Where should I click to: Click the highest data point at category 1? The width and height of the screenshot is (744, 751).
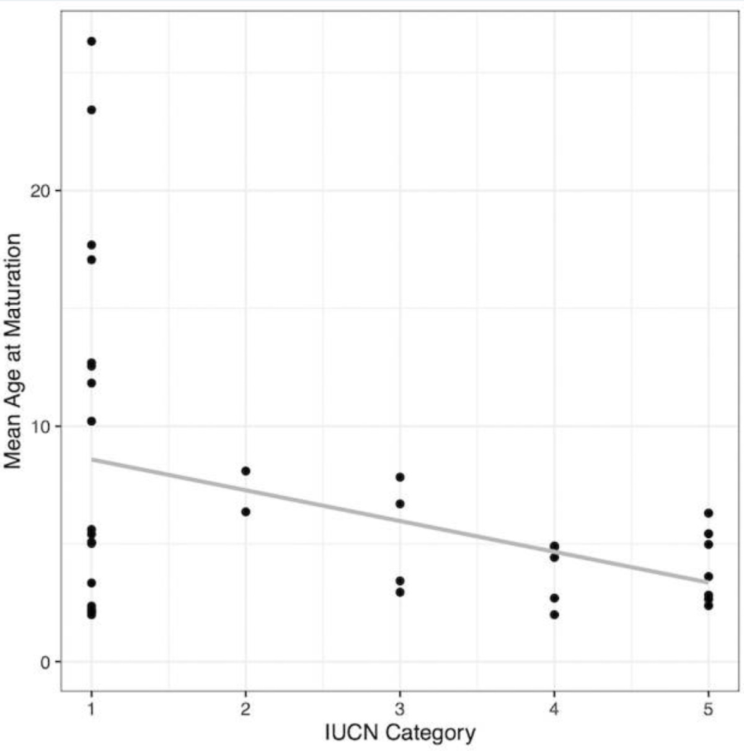(x=91, y=42)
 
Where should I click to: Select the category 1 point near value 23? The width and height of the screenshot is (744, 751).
(x=91, y=110)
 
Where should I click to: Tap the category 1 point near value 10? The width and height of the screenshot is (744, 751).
(x=91, y=421)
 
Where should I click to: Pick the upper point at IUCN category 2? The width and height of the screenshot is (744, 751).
(x=246, y=471)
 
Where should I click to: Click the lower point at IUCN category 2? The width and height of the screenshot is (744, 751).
(x=246, y=512)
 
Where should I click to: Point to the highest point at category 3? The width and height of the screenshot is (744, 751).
(x=400, y=477)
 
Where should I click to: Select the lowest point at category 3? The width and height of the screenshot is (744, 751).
(x=400, y=592)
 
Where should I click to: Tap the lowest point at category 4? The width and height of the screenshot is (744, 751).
(x=554, y=615)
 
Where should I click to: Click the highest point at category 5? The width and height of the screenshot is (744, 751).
(x=709, y=513)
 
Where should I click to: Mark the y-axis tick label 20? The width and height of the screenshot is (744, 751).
(x=40, y=191)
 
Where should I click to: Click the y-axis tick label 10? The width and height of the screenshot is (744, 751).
(x=40, y=426)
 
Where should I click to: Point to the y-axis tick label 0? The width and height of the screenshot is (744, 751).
(x=45, y=662)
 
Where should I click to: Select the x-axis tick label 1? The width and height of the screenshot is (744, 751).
(x=91, y=709)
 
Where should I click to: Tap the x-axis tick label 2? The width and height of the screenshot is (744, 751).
(x=246, y=709)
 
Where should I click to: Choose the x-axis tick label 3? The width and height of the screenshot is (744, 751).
(x=400, y=709)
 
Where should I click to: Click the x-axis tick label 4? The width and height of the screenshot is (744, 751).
(x=554, y=709)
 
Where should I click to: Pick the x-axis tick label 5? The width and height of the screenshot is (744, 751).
(x=709, y=709)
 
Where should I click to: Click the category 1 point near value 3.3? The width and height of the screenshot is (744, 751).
(x=91, y=583)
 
